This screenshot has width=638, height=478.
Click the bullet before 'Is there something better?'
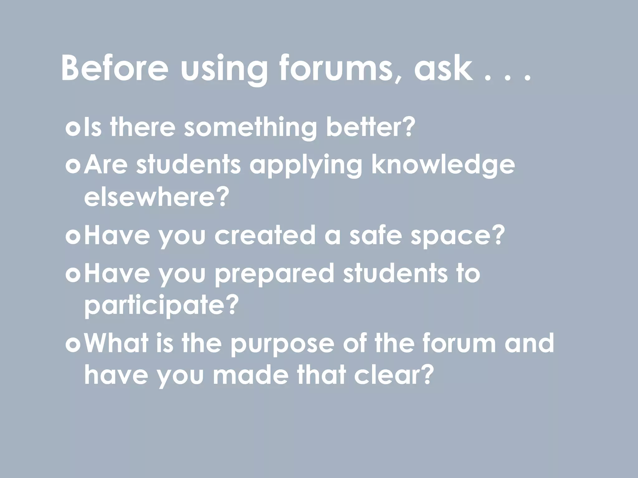click(74, 128)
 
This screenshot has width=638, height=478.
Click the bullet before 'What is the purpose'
click(74, 344)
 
